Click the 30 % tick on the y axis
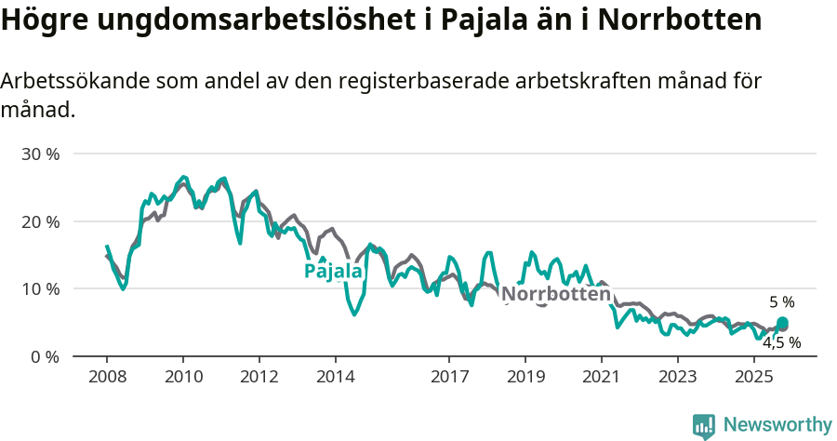point(40,154)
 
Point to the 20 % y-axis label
point(40,221)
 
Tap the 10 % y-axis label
point(40,288)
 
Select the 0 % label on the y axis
point(45,356)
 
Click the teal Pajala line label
point(333,272)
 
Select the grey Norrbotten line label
point(555,294)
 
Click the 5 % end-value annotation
point(781,302)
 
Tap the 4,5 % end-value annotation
point(781,342)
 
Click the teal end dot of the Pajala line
point(782,323)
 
